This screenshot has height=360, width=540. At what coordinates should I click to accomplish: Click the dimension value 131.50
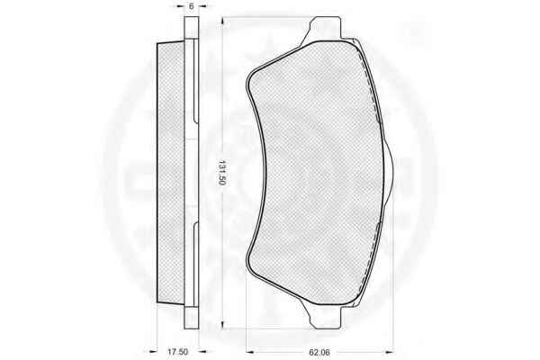click(x=221, y=173)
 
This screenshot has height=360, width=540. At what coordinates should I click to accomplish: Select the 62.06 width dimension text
click(x=319, y=352)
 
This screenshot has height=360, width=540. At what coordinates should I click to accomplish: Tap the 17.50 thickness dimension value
click(x=177, y=352)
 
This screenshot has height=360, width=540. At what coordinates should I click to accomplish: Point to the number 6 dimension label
click(x=192, y=6)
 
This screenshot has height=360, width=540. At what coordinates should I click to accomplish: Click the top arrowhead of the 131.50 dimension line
click(x=223, y=21)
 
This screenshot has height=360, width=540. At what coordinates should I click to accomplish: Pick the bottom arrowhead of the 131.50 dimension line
click(x=223, y=324)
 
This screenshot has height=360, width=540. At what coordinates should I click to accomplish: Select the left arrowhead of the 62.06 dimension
click(x=250, y=352)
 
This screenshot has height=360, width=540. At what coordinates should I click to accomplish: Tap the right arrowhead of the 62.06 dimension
click(x=390, y=352)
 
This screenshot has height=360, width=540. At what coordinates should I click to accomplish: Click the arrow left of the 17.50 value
click(x=153, y=352)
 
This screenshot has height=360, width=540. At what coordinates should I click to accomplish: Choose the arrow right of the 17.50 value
click(x=202, y=352)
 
